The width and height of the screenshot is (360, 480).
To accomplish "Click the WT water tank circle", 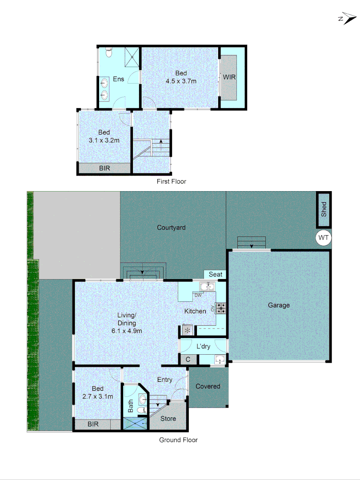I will tap(324, 238).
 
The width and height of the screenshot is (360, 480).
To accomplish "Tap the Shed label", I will tap(324, 208).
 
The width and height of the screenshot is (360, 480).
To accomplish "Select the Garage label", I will tap(279, 305).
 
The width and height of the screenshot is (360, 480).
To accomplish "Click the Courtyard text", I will tap(171, 228).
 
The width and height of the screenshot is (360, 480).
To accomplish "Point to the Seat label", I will tap(215, 274).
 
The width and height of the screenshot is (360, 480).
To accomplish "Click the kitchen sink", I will tap(207, 286).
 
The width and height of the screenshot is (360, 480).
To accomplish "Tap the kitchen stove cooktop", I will tap(221, 308).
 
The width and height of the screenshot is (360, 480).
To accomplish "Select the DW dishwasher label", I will tap(198, 295).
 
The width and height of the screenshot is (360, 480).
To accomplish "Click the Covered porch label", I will tap(208, 386).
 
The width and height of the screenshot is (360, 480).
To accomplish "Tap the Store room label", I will tap(168, 419).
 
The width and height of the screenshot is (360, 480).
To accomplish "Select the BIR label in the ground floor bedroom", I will tap(93, 424).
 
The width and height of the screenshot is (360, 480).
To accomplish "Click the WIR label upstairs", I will tap(229, 77).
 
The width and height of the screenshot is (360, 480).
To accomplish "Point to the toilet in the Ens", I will tap(108, 53).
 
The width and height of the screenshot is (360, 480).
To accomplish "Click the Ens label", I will tap(118, 79).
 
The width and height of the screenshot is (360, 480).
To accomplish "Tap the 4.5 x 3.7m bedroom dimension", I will tap(181, 81).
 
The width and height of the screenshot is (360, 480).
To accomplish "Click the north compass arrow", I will tap(347, 19).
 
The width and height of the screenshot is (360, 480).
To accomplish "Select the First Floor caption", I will tap(172, 181).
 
